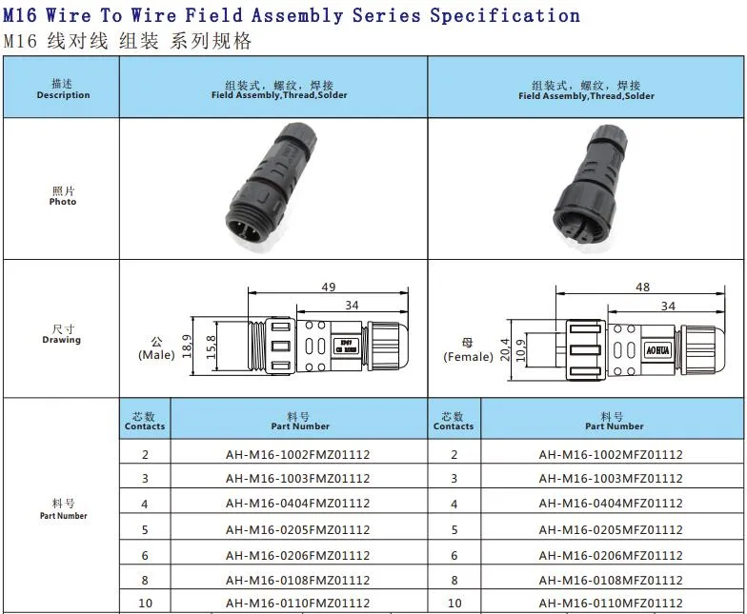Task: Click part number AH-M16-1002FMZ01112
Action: [297, 455]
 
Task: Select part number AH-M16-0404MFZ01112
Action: [610, 505]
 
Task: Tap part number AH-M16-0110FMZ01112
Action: [297, 604]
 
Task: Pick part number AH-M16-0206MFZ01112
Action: [610, 555]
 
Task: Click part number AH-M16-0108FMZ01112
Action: [297, 580]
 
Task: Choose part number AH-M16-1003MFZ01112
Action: [610, 479]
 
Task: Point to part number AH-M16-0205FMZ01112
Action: [297, 530]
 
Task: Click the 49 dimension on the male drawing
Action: [329, 287]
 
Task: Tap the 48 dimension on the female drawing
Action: [642, 287]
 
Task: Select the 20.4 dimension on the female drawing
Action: [504, 350]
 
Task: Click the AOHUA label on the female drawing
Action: [658, 349]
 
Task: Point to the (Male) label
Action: [156, 355]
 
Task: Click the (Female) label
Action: [468, 357]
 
